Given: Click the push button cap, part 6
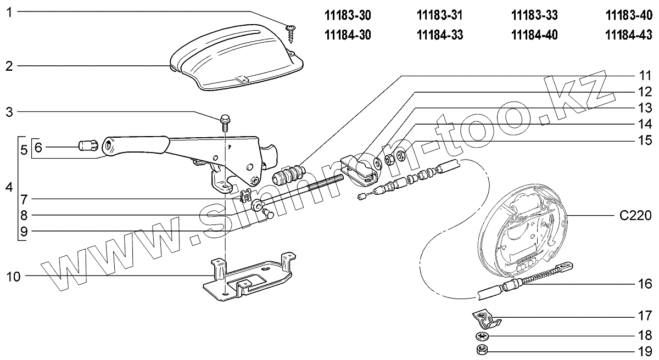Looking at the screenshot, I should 88,146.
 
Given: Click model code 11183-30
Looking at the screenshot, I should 348,16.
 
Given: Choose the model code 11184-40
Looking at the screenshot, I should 534,36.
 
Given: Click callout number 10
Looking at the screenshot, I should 13,276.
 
